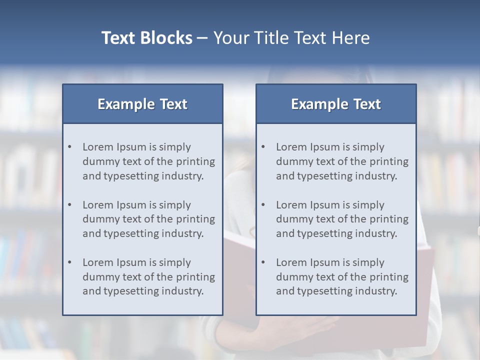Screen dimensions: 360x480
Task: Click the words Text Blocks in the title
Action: coord(146,38)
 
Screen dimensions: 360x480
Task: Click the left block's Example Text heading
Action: coord(142,104)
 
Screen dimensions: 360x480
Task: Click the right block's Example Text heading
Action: coord(336,104)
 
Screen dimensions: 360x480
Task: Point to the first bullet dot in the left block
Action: coord(70,147)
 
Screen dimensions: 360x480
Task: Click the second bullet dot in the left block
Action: coord(70,205)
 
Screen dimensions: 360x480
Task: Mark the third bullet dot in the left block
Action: coord(70,262)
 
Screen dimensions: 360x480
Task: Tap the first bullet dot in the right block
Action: coord(263,147)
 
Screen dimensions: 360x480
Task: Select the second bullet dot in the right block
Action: coord(263,205)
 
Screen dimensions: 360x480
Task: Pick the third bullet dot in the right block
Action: coord(263,262)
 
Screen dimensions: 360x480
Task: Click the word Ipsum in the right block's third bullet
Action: coord(325,262)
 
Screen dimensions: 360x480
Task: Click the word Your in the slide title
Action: coord(230,38)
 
